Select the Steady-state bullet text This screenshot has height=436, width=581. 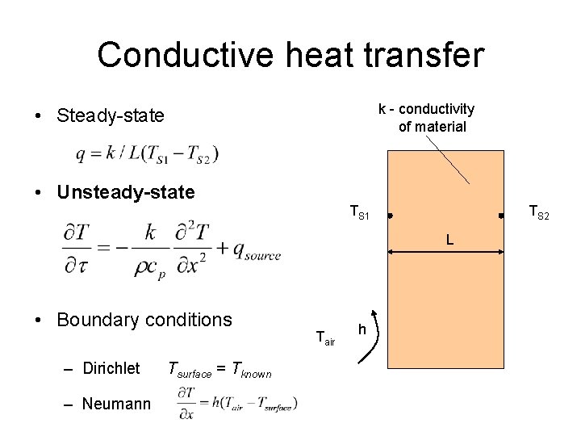[111, 116]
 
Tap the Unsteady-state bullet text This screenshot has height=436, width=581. [126, 193]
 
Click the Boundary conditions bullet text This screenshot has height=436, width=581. [144, 320]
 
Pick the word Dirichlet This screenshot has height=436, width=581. [111, 369]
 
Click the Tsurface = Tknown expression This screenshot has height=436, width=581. [219, 371]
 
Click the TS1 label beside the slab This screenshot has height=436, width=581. [360, 214]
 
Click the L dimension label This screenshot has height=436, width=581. [449, 240]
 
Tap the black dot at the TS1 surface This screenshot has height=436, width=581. [389, 216]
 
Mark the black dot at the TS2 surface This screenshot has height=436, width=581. [501, 216]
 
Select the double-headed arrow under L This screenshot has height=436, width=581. [445, 253]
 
